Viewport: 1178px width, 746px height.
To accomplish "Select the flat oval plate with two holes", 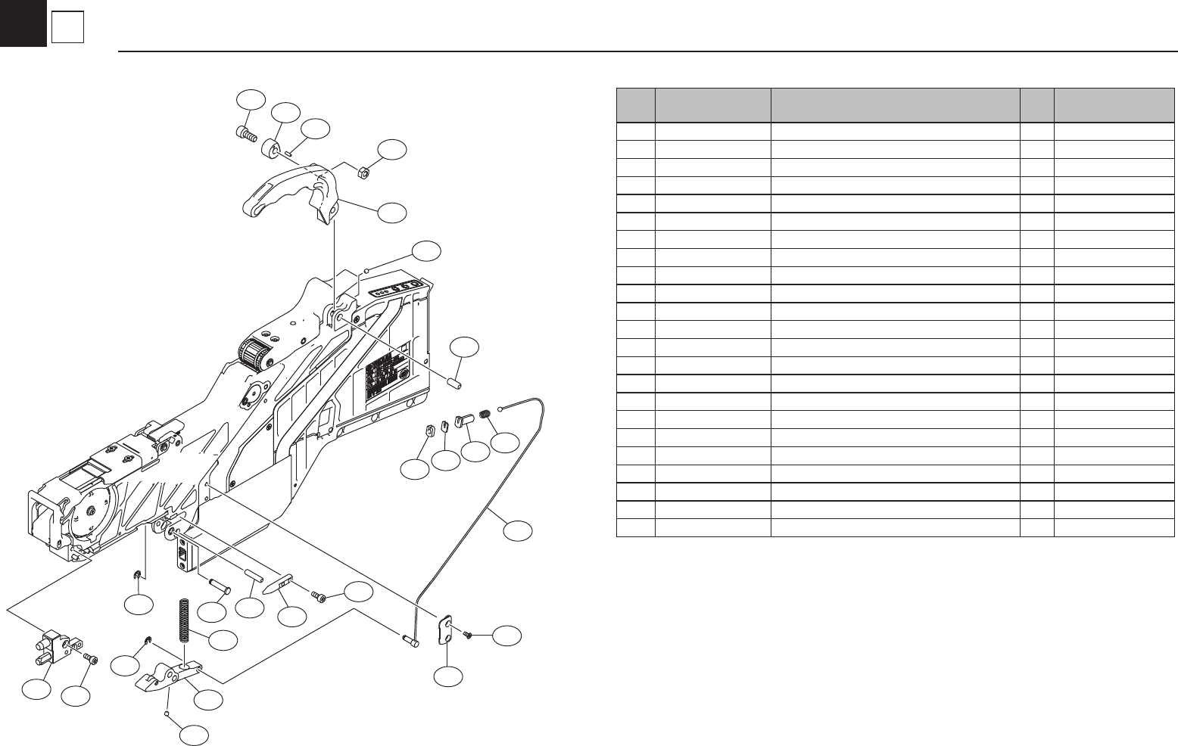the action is pyautogui.click(x=447, y=630).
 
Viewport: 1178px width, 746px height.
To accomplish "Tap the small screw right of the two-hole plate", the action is pyautogui.click(x=468, y=633).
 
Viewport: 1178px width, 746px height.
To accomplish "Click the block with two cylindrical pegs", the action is pyautogui.click(x=54, y=645).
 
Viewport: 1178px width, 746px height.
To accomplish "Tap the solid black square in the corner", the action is pyautogui.click(x=23, y=23).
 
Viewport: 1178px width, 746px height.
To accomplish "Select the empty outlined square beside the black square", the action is pyautogui.click(x=67, y=29).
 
